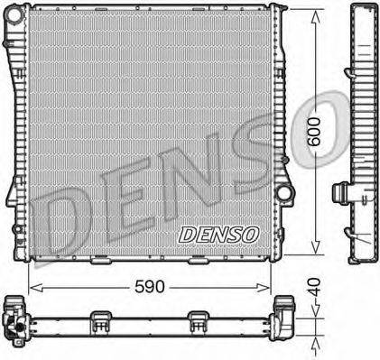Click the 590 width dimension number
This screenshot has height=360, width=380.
coord(150,286)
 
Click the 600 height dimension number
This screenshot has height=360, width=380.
coord(314,132)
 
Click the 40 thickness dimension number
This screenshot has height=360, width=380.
coord(314,287)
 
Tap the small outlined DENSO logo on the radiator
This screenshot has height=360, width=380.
coord(218,235)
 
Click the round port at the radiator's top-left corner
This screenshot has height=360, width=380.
coord(14,14)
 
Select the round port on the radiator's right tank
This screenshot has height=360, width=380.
coord(283,192)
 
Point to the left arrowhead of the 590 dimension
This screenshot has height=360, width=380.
coord(36,288)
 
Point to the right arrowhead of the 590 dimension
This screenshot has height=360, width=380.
coord(263,288)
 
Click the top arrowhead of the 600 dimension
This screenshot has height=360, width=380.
coord(315,17)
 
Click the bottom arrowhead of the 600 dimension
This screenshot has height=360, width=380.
coord(315,246)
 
